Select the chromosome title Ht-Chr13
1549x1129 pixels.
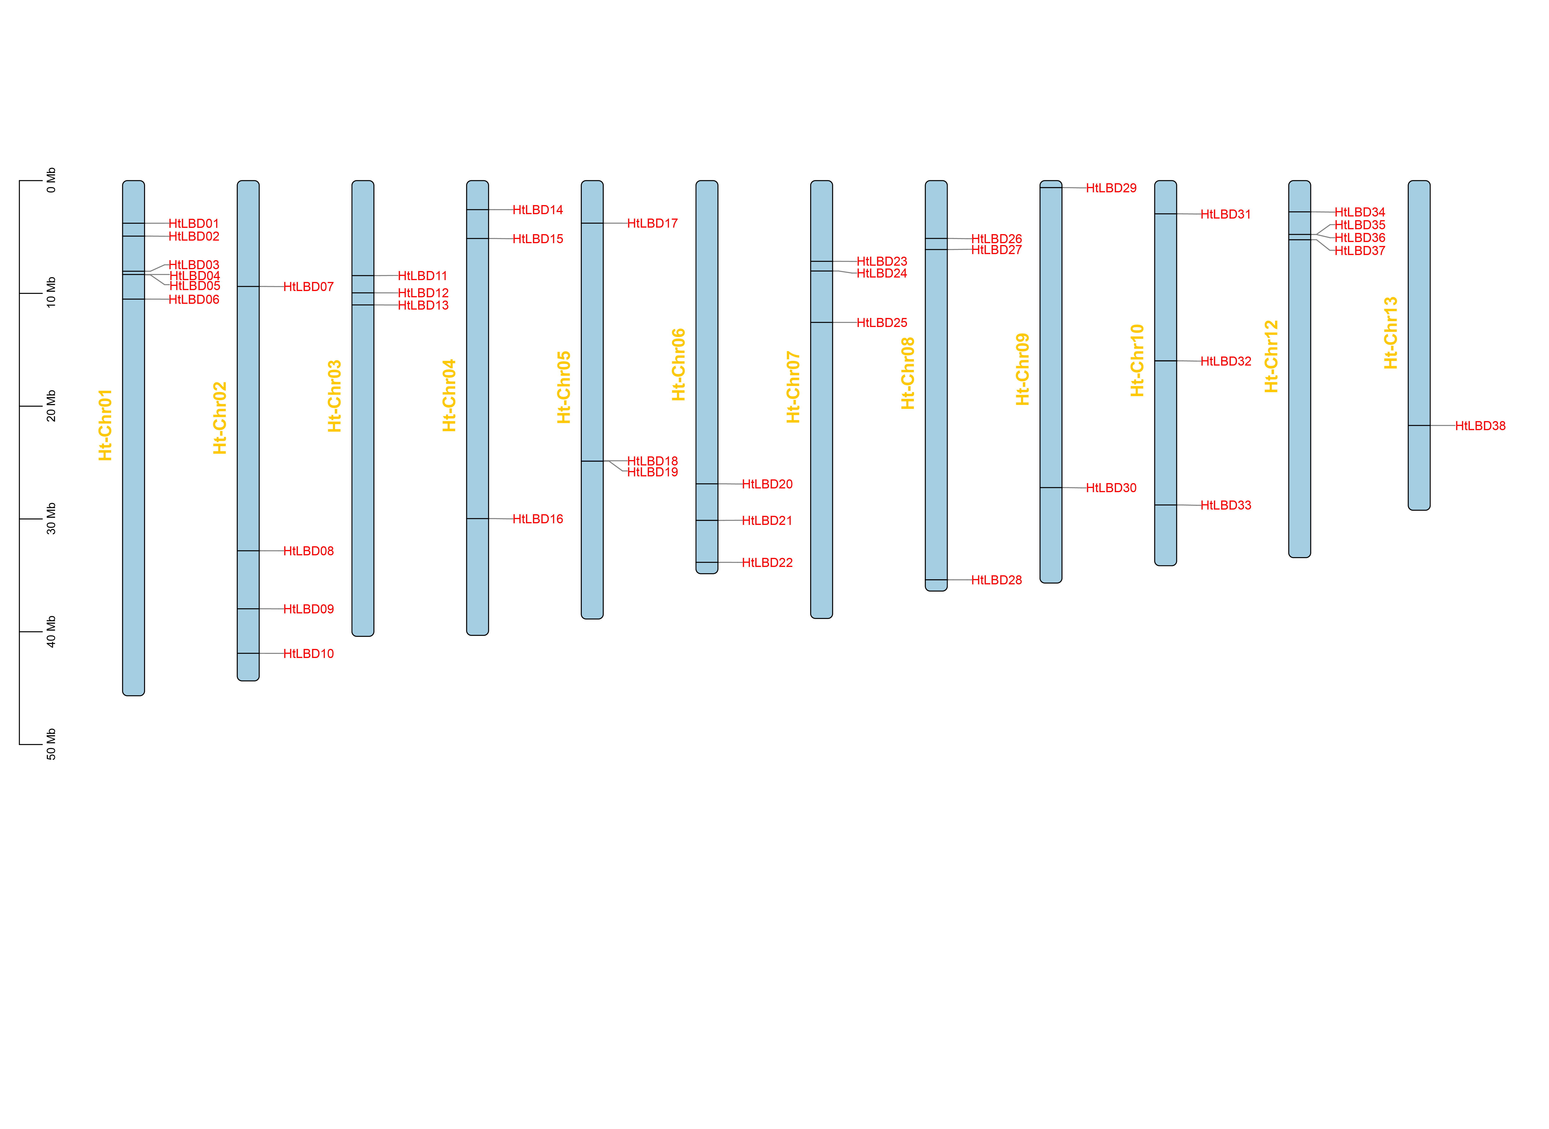click(1390, 333)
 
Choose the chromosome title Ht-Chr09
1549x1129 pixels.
click(1023, 369)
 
